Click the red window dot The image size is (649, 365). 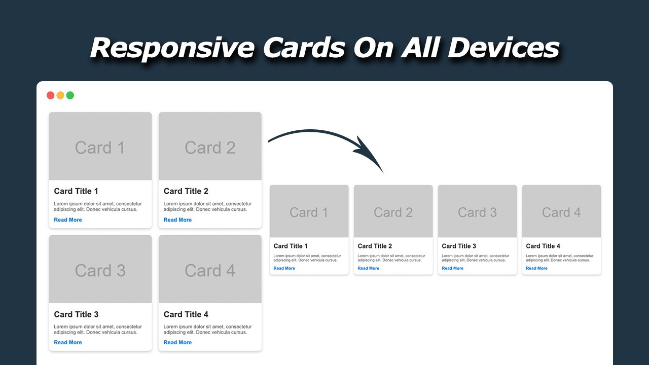[x=51, y=95]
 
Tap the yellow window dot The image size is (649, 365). [x=60, y=95]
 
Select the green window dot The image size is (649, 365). [x=70, y=95]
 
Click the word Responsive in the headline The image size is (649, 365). [x=172, y=48]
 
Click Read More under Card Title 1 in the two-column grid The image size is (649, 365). [x=68, y=220]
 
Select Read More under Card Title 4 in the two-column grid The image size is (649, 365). [x=177, y=343]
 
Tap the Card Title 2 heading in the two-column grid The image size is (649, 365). [x=186, y=191]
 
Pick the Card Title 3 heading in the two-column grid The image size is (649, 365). [x=76, y=314]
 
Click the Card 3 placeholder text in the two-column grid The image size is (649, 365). [x=100, y=271]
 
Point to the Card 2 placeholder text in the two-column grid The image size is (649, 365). [x=210, y=148]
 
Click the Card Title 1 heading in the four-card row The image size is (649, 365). [x=291, y=246]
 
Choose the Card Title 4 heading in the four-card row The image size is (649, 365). [x=543, y=246]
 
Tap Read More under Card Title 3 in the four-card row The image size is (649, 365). [x=452, y=268]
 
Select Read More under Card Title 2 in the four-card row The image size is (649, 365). [x=368, y=268]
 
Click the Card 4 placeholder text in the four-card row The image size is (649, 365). [x=561, y=212]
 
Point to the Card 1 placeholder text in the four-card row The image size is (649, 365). [x=309, y=212]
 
